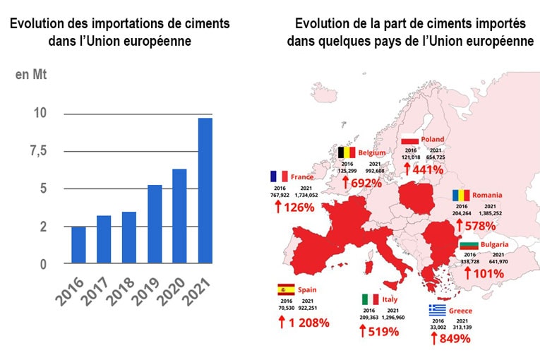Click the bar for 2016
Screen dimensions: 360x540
(79, 244)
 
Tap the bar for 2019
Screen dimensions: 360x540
(155, 224)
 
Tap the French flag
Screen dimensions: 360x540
(278, 176)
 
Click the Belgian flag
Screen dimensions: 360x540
(346, 152)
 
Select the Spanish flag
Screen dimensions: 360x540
(286, 289)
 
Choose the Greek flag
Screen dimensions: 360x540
(437, 310)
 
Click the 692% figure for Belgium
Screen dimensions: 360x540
(366, 183)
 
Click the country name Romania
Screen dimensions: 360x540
(488, 194)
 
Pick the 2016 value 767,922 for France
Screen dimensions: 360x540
(279, 194)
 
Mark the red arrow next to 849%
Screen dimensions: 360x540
(434, 338)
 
